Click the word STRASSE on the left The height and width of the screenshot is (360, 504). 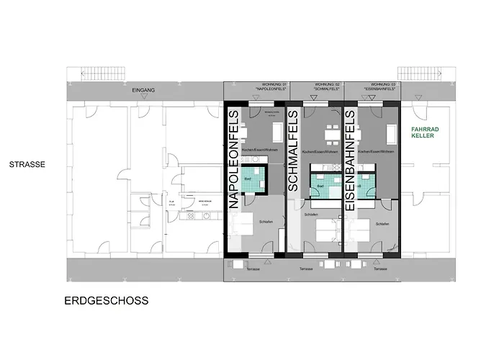(x=27, y=164)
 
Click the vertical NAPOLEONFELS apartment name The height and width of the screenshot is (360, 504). (x=234, y=160)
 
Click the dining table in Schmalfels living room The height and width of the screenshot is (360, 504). (x=330, y=133)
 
